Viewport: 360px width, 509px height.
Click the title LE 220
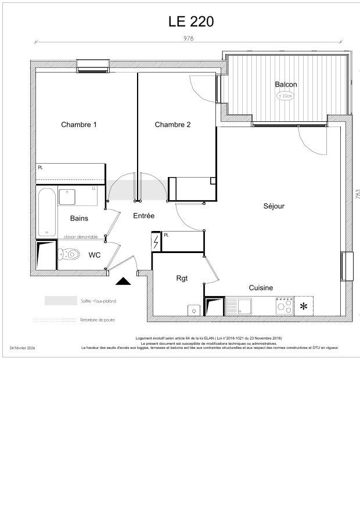coord(191,21)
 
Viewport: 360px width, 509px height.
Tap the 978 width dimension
coord(188,38)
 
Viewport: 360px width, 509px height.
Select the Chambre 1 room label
coord(79,124)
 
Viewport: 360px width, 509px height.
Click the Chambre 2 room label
coord(172,124)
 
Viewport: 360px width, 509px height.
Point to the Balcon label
coord(286,84)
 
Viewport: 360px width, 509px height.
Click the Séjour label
coord(274,205)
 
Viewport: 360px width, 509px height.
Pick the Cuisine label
coord(261,287)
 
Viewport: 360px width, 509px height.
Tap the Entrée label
coord(143,215)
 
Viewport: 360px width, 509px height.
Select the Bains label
coord(79,218)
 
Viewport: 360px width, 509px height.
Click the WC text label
coord(95,255)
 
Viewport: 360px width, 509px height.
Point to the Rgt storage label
coord(182,278)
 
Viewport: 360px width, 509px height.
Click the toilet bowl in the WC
coord(71,254)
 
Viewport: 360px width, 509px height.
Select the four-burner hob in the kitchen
coord(285,306)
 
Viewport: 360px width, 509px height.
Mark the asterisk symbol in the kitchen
coord(304,306)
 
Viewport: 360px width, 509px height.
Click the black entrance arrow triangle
coord(123,281)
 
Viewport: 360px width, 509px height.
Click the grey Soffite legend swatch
coord(60,301)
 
